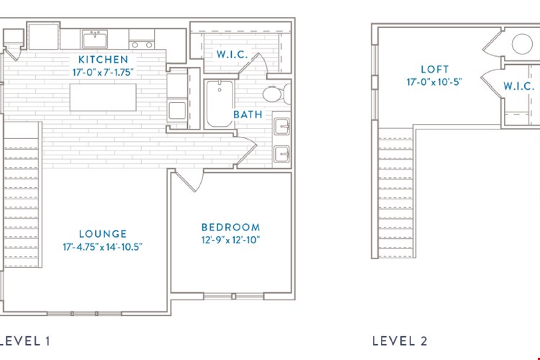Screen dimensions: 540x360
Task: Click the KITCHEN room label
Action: pyautogui.click(x=103, y=60)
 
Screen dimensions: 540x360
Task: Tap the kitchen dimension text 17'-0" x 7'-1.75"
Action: pyautogui.click(x=103, y=72)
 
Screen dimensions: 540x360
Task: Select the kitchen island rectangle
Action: pyautogui.click(x=103, y=97)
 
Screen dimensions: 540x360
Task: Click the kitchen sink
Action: pyautogui.click(x=95, y=39)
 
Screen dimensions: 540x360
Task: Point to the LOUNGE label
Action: pyautogui.click(x=103, y=234)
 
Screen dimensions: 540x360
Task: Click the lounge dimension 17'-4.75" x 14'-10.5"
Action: pyautogui.click(x=103, y=247)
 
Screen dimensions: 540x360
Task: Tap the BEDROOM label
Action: pyautogui.click(x=230, y=228)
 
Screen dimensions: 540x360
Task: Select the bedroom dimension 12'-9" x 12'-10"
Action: pyautogui.click(x=230, y=240)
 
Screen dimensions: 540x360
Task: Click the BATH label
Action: pyautogui.click(x=248, y=114)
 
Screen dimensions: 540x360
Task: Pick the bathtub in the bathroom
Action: pyautogui.click(x=220, y=104)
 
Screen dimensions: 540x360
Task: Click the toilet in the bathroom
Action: pyautogui.click(x=277, y=94)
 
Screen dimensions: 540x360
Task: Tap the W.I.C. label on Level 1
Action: pyautogui.click(x=233, y=55)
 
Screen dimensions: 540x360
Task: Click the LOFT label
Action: pyautogui.click(x=435, y=69)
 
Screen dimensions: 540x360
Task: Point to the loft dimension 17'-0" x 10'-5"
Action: pyautogui.click(x=434, y=82)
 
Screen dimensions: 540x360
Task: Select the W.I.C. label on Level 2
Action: pyautogui.click(x=518, y=86)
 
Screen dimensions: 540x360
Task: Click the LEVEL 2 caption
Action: pyautogui.click(x=400, y=341)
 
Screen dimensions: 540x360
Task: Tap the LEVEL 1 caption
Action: pyautogui.click(x=24, y=341)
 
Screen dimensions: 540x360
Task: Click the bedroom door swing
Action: pyautogui.click(x=190, y=181)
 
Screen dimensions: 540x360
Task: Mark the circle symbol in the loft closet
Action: pyautogui.click(x=522, y=44)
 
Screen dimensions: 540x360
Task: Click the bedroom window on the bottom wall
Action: pyautogui.click(x=233, y=296)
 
